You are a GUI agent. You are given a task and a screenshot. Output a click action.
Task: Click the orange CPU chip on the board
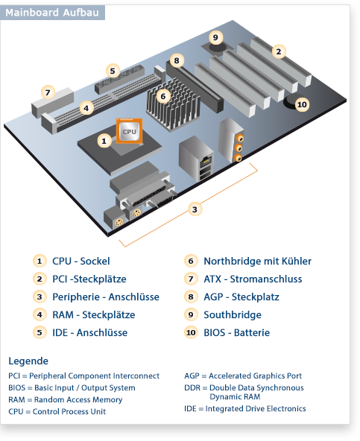pyautogui.click(x=129, y=131)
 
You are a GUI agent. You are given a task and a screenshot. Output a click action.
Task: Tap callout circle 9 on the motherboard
pyautogui.click(x=215, y=37)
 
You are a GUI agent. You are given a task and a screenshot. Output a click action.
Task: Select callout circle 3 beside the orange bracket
pyautogui.click(x=195, y=209)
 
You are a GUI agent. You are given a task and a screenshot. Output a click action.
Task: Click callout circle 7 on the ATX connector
pyautogui.click(x=48, y=93)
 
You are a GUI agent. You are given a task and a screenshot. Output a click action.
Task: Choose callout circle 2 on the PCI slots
pyautogui.click(x=278, y=51)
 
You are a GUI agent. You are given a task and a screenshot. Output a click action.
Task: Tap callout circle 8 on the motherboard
pyautogui.click(x=176, y=60)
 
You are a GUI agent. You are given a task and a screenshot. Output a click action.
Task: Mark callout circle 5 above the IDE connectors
pyautogui.click(x=113, y=71)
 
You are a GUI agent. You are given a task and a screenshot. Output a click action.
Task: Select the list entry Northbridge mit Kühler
pyautogui.click(x=257, y=261)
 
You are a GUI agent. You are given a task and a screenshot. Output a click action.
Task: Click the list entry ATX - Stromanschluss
pyautogui.click(x=253, y=279)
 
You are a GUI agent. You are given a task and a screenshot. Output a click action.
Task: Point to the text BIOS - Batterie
pyautogui.click(x=236, y=333)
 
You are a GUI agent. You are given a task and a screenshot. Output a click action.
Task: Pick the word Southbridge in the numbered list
pyautogui.click(x=233, y=315)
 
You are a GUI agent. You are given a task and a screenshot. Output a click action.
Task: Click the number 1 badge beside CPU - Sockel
pyautogui.click(x=39, y=261)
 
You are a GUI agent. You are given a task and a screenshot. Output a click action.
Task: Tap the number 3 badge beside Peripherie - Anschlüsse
pyautogui.click(x=39, y=297)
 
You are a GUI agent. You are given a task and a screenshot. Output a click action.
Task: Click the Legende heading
pyautogui.click(x=28, y=361)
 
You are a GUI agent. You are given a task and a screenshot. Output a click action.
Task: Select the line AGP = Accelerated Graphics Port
pyautogui.click(x=242, y=376)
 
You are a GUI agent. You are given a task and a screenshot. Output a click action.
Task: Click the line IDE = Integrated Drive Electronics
pyautogui.click(x=244, y=409)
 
